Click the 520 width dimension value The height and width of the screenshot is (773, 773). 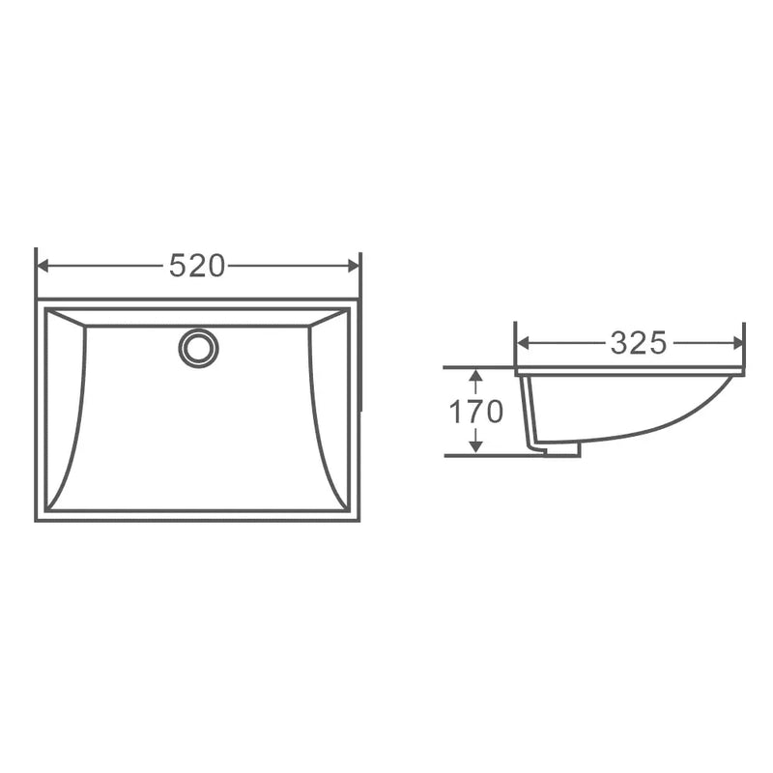(197, 266)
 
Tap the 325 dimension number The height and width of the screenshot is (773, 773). (638, 342)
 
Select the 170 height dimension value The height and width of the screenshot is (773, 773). (475, 412)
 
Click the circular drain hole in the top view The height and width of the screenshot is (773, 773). (198, 347)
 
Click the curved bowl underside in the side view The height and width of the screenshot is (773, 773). (657, 425)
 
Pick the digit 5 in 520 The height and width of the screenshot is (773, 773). (178, 266)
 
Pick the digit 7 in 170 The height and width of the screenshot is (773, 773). (475, 412)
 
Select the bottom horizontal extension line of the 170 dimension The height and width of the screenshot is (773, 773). (483, 454)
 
